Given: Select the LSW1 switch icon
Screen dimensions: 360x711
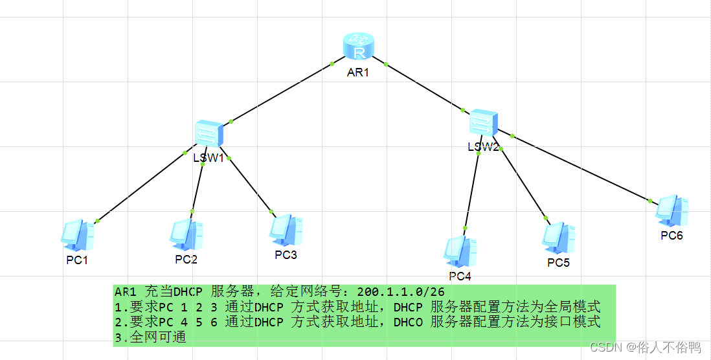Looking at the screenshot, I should point(209,134).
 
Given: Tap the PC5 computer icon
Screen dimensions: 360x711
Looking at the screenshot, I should point(559,238).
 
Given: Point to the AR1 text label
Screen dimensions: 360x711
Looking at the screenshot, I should point(357,73).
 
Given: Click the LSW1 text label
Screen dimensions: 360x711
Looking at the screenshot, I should point(209,157).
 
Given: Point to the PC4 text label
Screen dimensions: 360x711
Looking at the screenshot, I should point(460,276).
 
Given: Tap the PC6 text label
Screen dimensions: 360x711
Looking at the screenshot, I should point(671,235).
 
